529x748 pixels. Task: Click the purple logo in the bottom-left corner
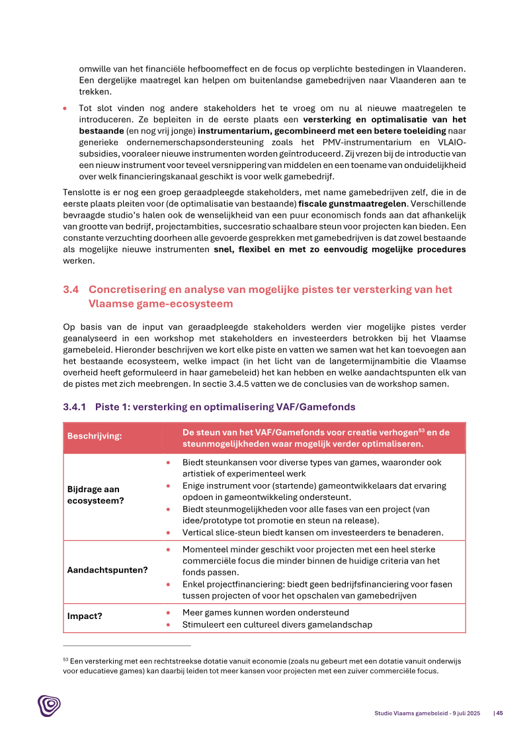tap(49, 705)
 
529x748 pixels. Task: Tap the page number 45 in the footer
tap(499, 713)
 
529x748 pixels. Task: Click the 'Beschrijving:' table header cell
tap(95, 438)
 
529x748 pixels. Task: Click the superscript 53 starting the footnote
tap(65, 659)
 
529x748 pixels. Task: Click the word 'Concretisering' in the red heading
tap(126, 290)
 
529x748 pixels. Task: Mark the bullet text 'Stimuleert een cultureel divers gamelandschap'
tap(277, 624)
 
